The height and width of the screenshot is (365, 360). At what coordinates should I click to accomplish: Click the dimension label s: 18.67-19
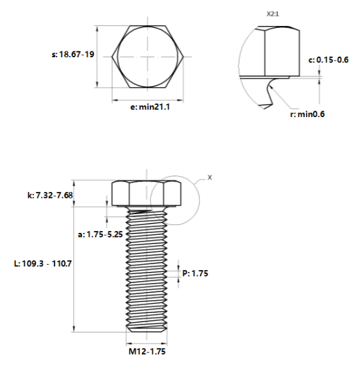click(x=73, y=55)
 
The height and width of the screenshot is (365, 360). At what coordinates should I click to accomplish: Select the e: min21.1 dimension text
click(x=150, y=107)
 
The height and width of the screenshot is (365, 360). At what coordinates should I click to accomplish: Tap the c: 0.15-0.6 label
click(x=329, y=60)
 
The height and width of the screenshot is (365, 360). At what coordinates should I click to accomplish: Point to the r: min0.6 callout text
click(x=307, y=114)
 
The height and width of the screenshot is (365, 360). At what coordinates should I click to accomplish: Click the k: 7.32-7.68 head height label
click(x=50, y=195)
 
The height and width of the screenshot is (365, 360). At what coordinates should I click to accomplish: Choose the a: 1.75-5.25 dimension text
click(x=100, y=234)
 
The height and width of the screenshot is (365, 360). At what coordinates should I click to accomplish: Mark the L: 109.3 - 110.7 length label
click(x=43, y=264)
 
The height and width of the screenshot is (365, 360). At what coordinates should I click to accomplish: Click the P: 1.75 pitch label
click(x=195, y=273)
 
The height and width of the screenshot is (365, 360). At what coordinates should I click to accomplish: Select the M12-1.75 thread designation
click(x=147, y=351)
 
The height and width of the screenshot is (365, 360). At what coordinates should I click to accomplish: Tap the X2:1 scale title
click(x=273, y=14)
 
